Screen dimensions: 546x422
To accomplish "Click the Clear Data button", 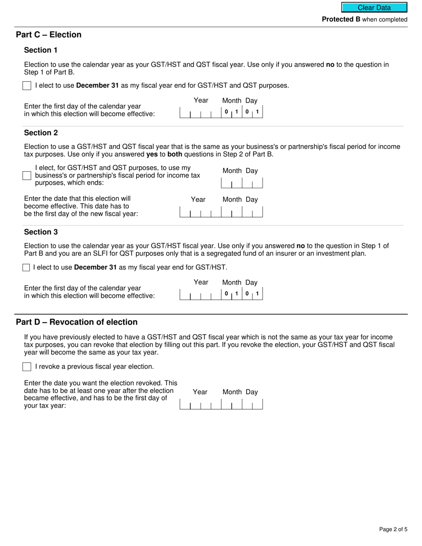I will pyautogui.click(x=374, y=8).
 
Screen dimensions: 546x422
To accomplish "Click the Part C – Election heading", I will pyautogui.click(x=48, y=35).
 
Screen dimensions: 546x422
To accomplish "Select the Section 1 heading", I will pyautogui.click(x=41, y=50).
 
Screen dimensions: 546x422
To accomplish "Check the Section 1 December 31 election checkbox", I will pyautogui.click(x=27, y=86).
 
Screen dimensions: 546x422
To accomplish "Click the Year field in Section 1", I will pyautogui.click(x=200, y=112).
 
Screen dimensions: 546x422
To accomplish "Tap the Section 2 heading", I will pyautogui.click(x=41, y=133).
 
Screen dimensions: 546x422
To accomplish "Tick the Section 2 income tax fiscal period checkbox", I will pyautogui.click(x=27, y=175).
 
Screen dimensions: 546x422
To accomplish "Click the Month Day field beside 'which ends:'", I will pyautogui.click(x=242, y=183).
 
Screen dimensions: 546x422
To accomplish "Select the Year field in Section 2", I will pyautogui.click(x=200, y=212).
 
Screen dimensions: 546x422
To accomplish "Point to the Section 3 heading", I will pyautogui.click(x=41, y=232).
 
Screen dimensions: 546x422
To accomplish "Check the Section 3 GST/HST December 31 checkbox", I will pyautogui.click(x=26, y=267).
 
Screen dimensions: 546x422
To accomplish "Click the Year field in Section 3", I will pyautogui.click(x=200, y=294).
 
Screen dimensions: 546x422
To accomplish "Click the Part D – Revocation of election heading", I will pyautogui.click(x=77, y=322).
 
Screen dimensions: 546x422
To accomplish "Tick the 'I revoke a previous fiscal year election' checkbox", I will pyautogui.click(x=27, y=367).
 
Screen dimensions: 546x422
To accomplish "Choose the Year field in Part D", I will pyautogui.click(x=200, y=404).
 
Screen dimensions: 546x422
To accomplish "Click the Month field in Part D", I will pyautogui.click(x=231, y=404).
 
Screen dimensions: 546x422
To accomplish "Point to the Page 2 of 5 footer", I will pyautogui.click(x=393, y=529).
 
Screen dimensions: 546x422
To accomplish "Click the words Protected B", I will pyautogui.click(x=341, y=20).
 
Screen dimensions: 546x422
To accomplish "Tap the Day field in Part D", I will pyautogui.click(x=252, y=404).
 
